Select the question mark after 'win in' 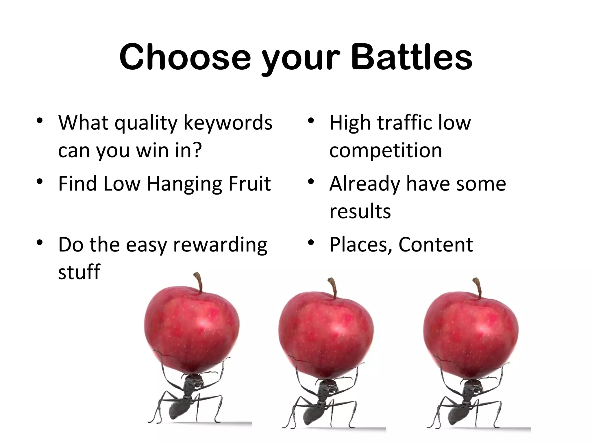(197, 150)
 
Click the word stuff (79, 272)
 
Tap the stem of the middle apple (333, 287)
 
